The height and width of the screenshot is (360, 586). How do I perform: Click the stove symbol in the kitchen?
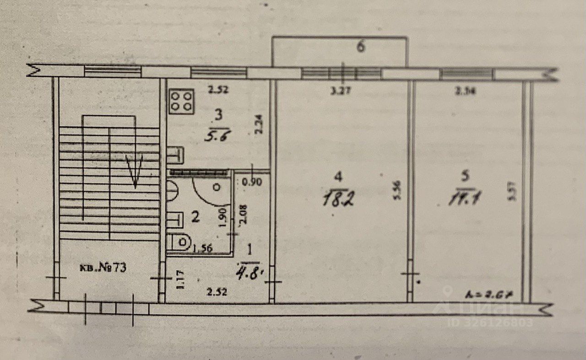[x=182, y=101]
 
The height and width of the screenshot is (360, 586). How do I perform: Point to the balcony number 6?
[x=361, y=47]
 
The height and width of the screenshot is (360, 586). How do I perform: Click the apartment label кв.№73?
[x=104, y=268]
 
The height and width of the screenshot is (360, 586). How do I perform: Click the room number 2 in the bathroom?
[x=195, y=218]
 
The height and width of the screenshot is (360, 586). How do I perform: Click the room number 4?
[x=338, y=176]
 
